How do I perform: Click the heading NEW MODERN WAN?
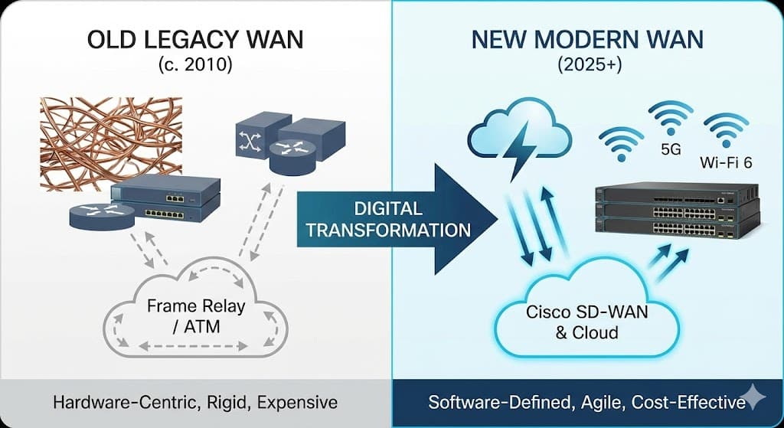point(587,40)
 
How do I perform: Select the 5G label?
point(670,149)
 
